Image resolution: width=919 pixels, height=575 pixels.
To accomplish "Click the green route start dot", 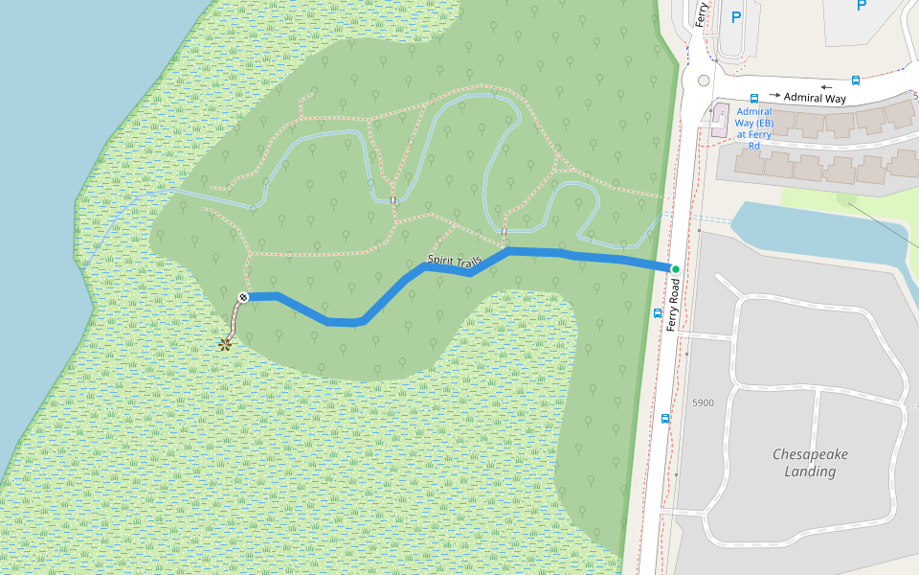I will [675, 269].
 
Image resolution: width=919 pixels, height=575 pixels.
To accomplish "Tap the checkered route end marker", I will [244, 297].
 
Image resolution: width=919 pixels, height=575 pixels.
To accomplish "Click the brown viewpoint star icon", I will [225, 344].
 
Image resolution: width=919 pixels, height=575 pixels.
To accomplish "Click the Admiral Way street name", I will [816, 98].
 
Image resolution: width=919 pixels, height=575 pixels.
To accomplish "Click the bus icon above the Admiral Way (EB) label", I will [754, 98].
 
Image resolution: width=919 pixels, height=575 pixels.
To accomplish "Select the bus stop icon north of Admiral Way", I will [855, 80].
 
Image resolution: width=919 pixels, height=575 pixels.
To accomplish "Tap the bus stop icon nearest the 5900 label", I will [665, 418].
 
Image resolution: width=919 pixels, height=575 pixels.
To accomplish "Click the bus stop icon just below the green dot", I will [658, 312].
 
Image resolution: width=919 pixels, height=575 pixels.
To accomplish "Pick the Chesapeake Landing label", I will [810, 462].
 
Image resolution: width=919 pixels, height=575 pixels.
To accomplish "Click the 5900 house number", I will [703, 402].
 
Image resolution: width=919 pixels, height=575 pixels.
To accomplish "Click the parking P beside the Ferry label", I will [735, 16].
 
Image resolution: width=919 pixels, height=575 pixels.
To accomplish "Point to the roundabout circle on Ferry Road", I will [705, 81].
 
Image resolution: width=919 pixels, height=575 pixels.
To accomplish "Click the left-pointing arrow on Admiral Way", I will [826, 87].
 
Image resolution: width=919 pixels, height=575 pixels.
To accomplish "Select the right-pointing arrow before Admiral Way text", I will [774, 96].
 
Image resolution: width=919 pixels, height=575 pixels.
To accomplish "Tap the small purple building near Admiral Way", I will [719, 116].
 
